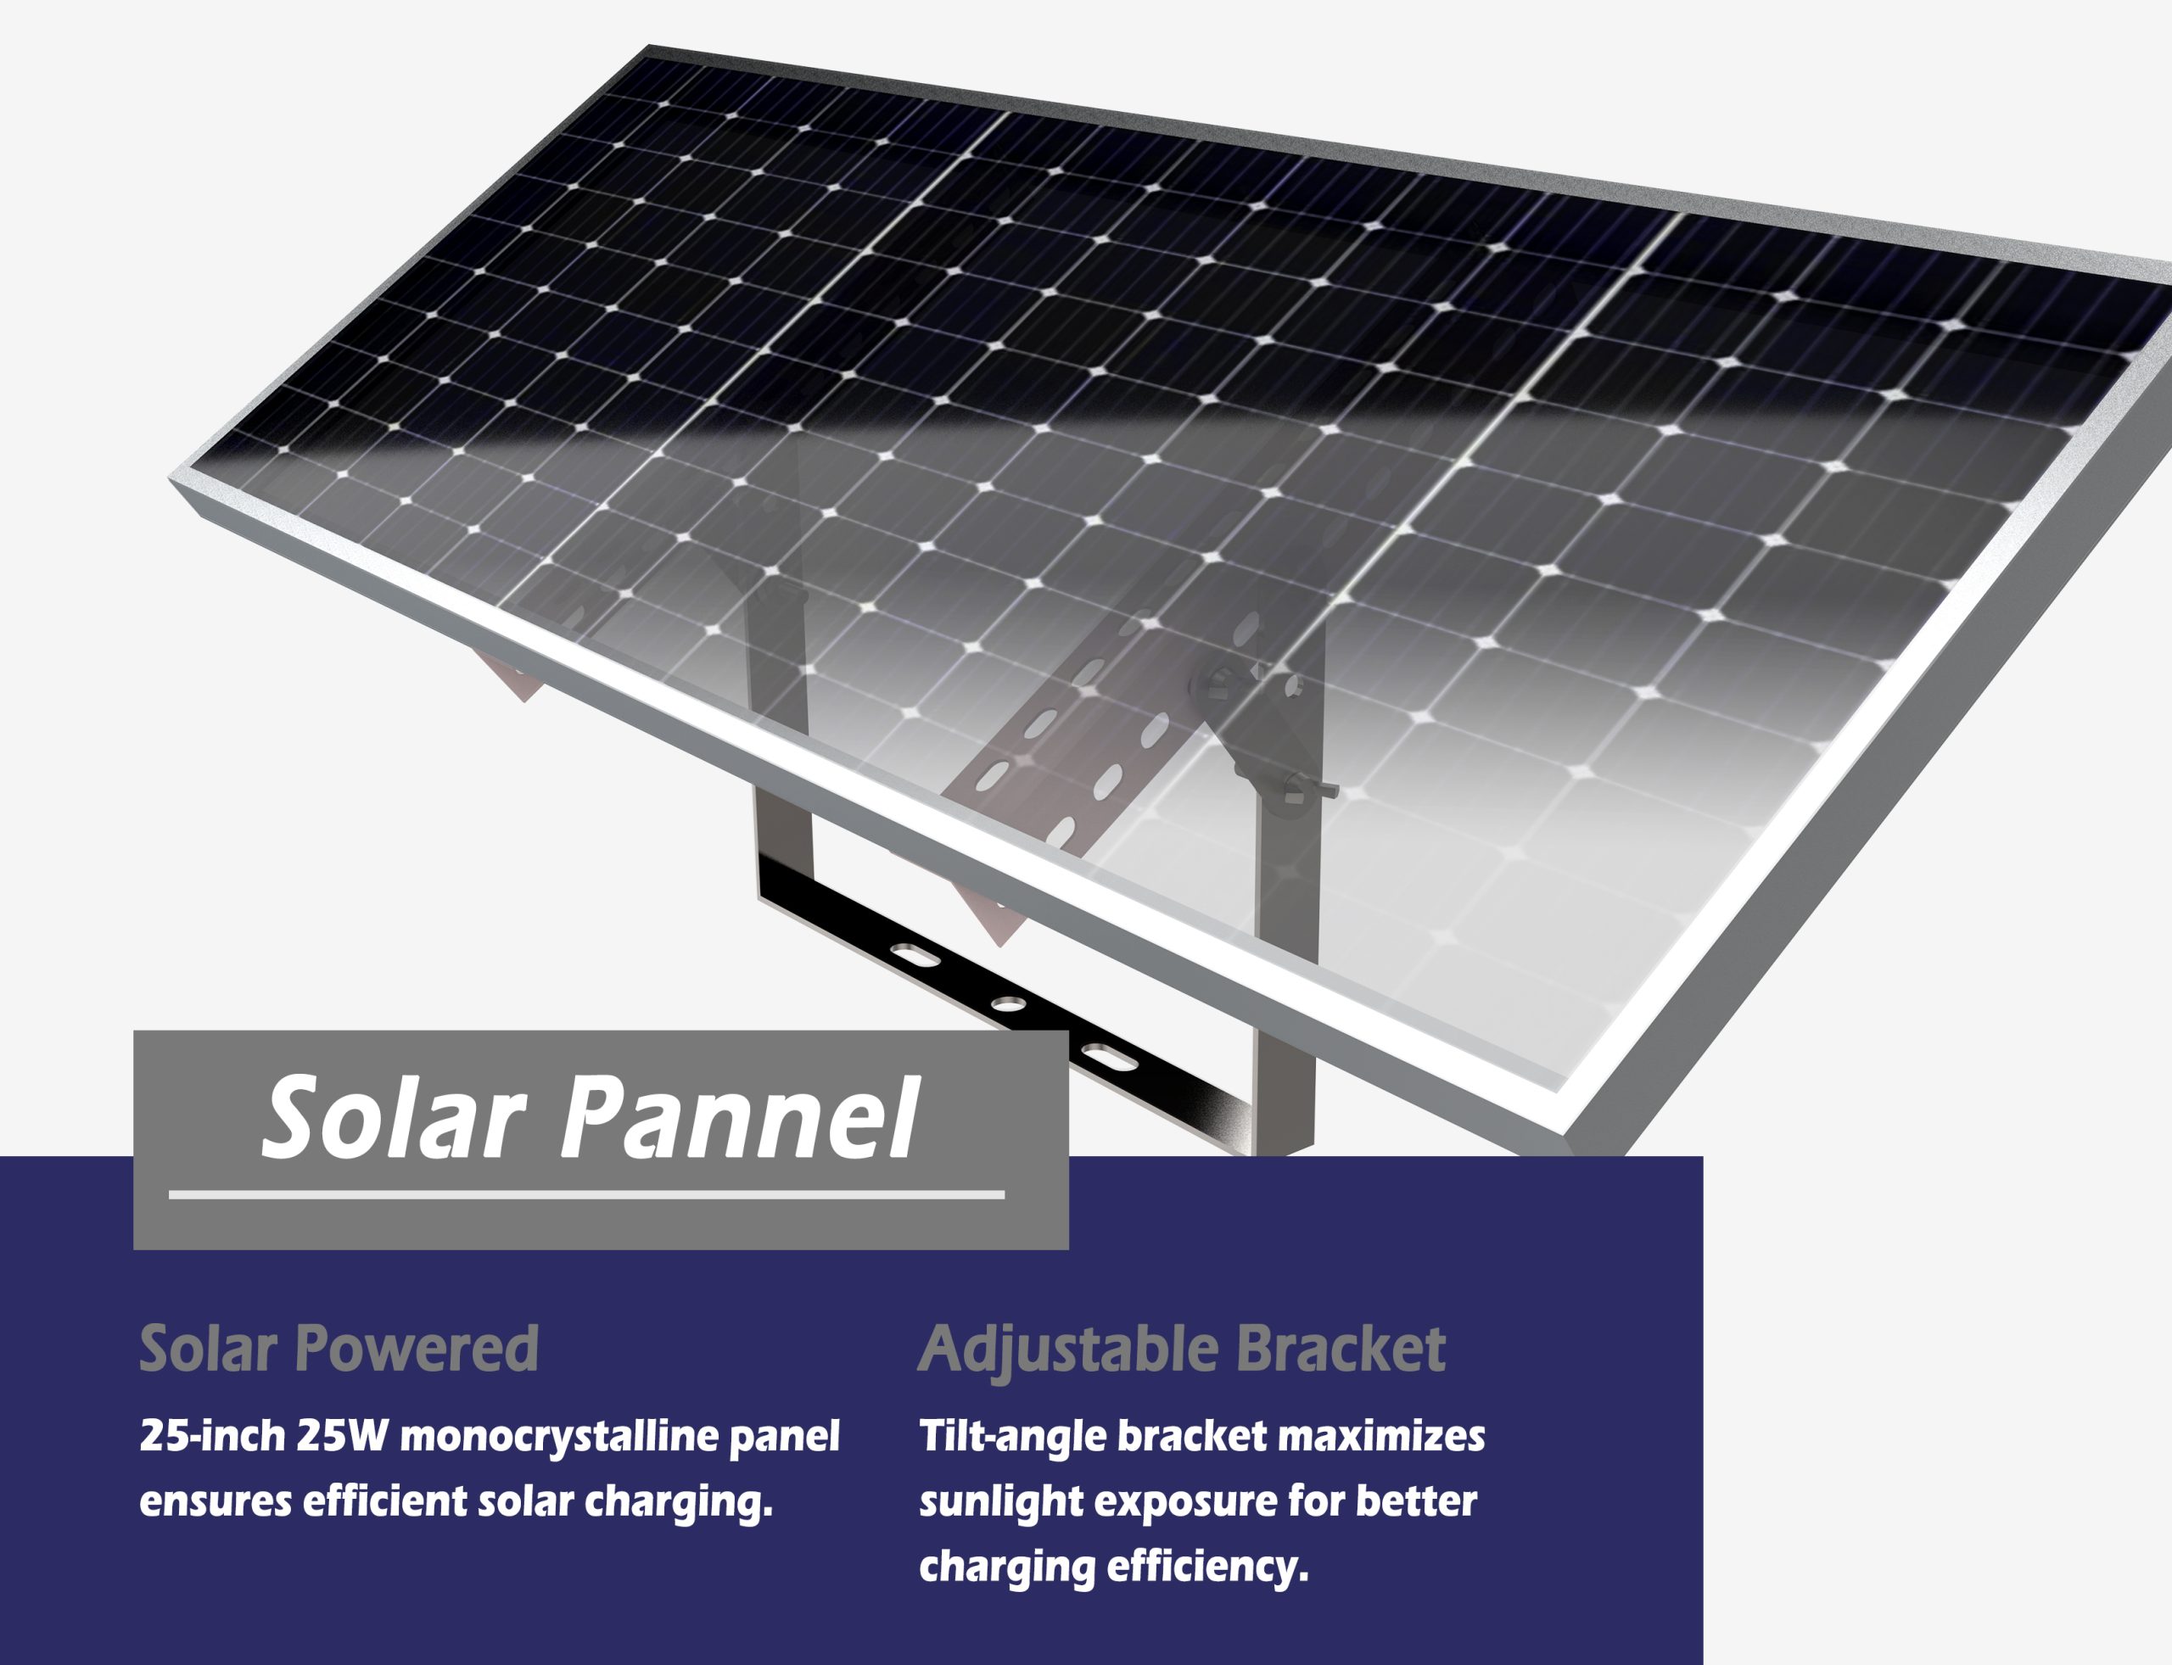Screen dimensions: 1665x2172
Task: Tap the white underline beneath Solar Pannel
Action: [586, 1195]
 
